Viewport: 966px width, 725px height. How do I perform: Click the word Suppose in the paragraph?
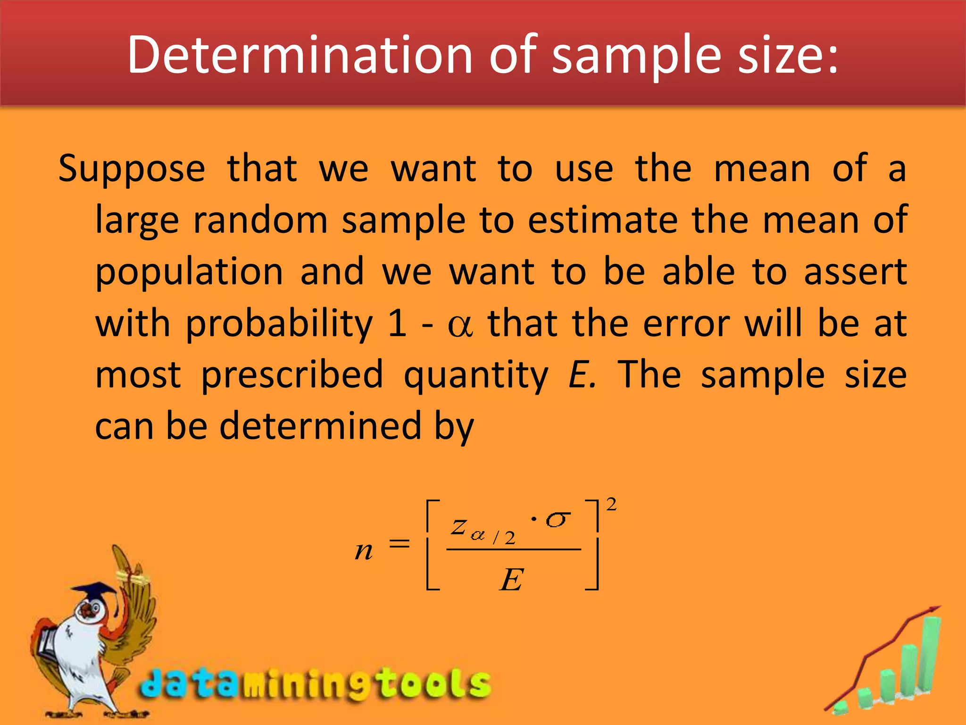coord(132,169)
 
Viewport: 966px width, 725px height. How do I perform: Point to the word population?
coord(189,273)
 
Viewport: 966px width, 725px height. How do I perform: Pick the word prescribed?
coord(292,375)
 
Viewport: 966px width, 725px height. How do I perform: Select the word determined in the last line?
coord(320,426)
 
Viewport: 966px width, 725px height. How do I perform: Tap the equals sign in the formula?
coord(399,544)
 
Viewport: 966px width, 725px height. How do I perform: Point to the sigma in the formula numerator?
coord(558,520)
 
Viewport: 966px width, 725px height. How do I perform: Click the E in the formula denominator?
coord(512,580)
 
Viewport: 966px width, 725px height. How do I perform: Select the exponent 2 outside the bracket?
coord(611,505)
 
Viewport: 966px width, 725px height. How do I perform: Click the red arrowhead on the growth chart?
coord(934,610)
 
